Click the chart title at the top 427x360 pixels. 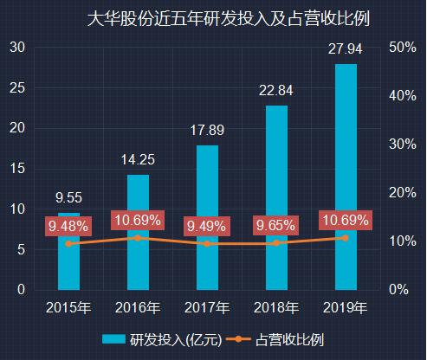point(214,18)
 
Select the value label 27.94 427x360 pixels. point(346,49)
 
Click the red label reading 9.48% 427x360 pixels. point(68,227)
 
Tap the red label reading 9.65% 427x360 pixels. point(276,226)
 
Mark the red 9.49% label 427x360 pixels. point(207,227)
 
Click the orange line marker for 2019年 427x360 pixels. point(346,237)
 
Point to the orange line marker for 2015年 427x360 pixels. point(69,243)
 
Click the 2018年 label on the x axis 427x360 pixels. point(276,307)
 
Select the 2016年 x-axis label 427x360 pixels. point(139,307)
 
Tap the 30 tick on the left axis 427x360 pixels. point(16,48)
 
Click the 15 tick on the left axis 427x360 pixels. point(16,169)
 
